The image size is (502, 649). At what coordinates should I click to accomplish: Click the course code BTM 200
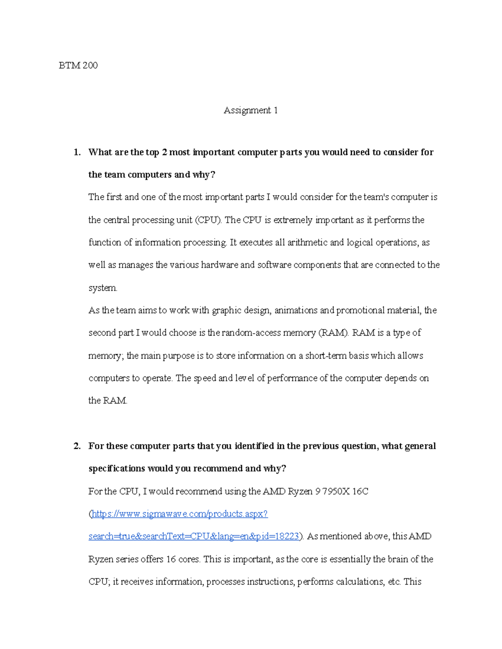(78, 65)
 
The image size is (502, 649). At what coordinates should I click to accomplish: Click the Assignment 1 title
(251, 110)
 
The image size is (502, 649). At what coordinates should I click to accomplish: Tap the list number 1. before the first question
(77, 152)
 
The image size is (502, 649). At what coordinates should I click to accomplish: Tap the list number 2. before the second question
(77, 446)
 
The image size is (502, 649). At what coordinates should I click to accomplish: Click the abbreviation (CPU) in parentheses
(208, 220)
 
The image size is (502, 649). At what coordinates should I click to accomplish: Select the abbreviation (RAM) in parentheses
(333, 333)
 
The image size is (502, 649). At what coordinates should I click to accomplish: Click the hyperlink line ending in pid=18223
(194, 537)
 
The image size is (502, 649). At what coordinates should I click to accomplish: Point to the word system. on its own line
(103, 288)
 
